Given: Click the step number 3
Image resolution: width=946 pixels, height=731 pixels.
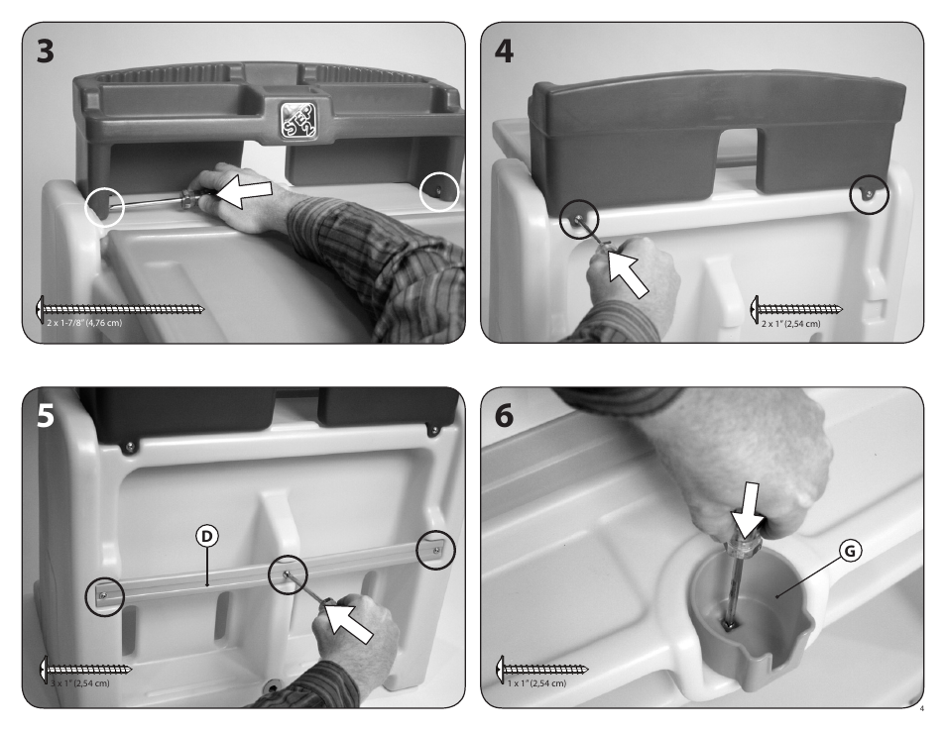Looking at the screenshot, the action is click(46, 52).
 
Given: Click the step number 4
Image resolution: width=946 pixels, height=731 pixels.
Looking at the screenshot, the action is click(504, 52).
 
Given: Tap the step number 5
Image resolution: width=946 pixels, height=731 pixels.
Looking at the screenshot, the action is click(46, 416).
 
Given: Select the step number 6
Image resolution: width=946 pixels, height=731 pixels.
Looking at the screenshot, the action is click(504, 416).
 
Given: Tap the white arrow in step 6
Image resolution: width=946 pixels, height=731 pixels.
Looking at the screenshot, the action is click(747, 511).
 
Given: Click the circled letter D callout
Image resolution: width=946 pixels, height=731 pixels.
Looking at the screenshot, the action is click(207, 536).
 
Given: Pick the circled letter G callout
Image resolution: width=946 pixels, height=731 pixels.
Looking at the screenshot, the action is click(850, 550).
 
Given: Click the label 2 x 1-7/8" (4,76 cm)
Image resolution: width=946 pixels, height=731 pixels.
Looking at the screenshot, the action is click(84, 322).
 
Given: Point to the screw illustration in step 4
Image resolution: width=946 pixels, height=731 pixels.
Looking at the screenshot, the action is click(796, 309).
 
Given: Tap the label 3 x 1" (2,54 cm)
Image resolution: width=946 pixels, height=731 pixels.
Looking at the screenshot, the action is click(79, 683).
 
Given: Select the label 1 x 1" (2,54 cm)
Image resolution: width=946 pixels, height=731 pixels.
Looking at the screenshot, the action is click(536, 683).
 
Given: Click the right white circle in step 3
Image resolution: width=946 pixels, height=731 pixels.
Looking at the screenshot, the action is click(439, 191).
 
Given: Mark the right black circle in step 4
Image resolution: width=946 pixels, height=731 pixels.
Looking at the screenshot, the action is click(870, 194).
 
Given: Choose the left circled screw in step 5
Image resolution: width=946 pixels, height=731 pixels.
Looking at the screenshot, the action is click(105, 596).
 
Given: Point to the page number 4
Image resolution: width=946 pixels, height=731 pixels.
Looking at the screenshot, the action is click(922, 708).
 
